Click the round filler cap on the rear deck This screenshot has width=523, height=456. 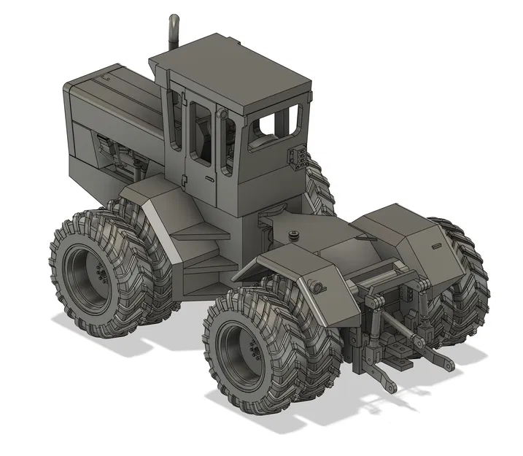click(x=294, y=235)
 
